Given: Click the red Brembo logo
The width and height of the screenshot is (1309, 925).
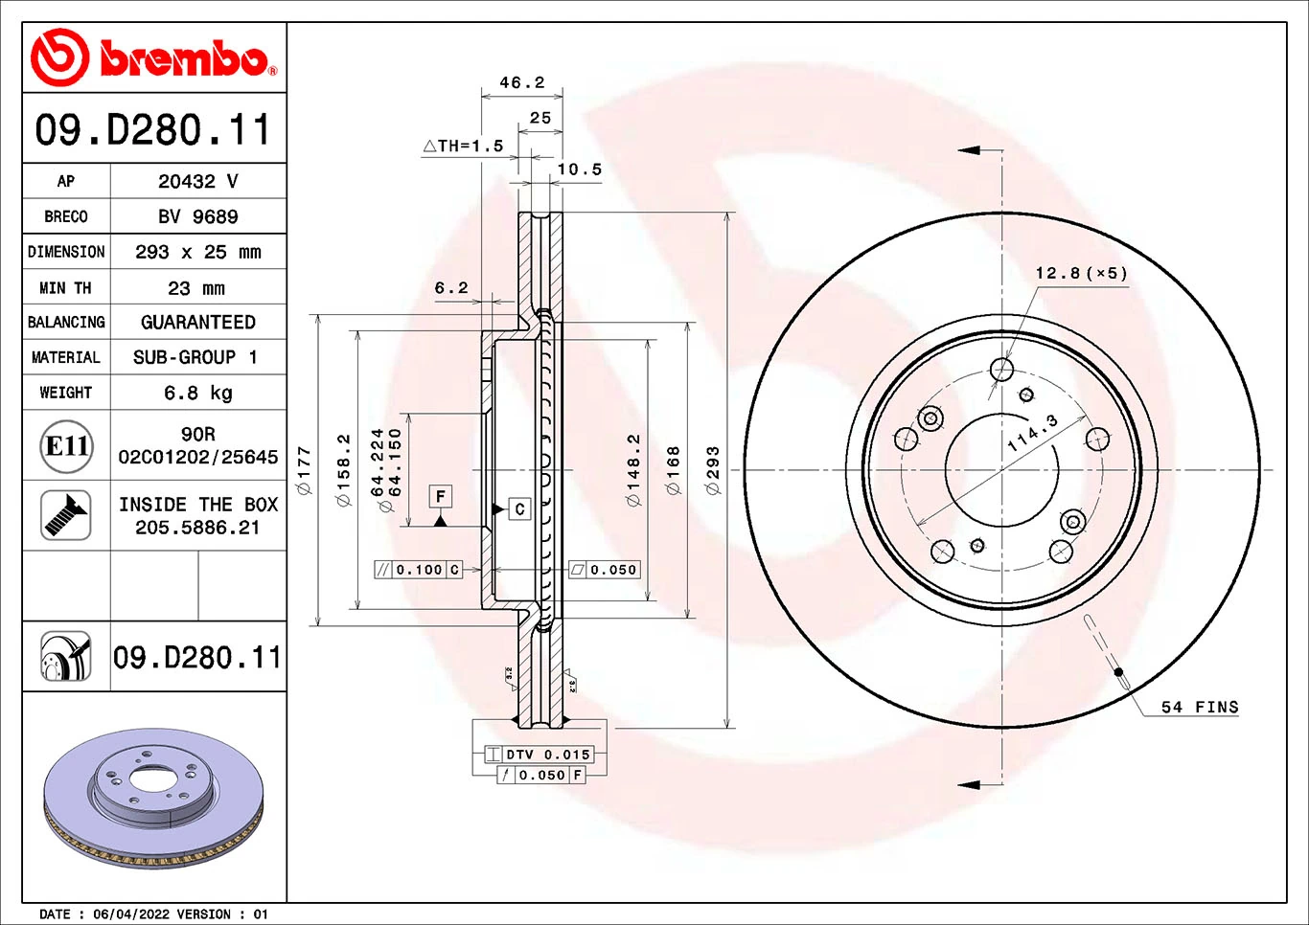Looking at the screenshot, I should pos(153,58).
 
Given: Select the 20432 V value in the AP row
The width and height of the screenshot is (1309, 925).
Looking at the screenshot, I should pos(197,181).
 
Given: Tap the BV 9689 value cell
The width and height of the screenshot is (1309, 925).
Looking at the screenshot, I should pos(197,216).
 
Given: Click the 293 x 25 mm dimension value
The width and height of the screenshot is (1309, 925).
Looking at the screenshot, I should pos(197,252).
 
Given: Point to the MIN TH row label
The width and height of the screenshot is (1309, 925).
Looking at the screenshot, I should pos(65,288).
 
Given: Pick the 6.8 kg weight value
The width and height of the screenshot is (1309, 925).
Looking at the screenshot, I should pos(197,393).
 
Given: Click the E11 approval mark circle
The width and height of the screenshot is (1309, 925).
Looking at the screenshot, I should pos(67,446).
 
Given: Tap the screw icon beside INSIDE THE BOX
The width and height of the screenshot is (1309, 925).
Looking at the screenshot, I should pos(66,515).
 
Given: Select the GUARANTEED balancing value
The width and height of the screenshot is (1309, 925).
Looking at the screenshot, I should pos(197,323).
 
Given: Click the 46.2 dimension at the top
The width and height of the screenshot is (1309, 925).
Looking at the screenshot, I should pos(522,82).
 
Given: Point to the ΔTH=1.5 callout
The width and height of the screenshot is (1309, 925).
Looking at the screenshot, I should pos(464,146).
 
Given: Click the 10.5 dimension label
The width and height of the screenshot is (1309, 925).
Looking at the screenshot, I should pos(580,169).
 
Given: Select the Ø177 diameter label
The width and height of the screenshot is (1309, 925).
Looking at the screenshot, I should pos(305,469).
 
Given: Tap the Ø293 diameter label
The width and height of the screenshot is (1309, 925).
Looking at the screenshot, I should pos(712,469).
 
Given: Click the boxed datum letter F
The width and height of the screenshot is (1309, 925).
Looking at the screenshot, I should pos(440,496).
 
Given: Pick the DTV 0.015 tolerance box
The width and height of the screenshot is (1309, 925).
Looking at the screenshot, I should pos(547,755).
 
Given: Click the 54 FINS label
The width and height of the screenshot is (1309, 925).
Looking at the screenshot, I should pos(1200,707).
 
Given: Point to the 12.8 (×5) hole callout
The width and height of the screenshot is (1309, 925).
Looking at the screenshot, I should pos(1081,273).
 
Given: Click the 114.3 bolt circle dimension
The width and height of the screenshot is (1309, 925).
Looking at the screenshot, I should pos(1033,434).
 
